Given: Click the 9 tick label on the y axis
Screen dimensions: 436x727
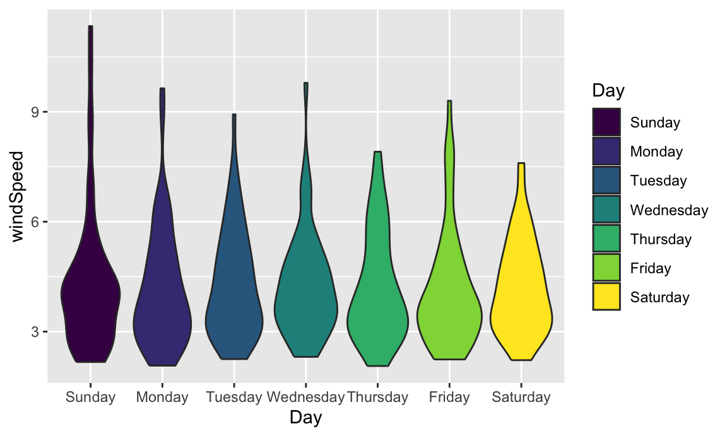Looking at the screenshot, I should tap(35, 112).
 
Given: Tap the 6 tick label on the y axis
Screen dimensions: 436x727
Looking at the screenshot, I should tap(35, 222).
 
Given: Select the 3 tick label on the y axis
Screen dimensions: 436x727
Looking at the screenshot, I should tap(35, 332).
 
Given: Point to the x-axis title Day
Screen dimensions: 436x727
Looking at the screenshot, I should tap(305, 418).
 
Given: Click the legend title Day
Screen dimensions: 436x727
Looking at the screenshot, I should tap(608, 91).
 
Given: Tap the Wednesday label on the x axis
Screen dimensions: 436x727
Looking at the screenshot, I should tap(305, 398).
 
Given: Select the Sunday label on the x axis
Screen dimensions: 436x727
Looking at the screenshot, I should tap(90, 398).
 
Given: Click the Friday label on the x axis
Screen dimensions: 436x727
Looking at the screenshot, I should tap(449, 398).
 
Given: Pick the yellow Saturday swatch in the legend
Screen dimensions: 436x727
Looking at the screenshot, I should tap(606, 297).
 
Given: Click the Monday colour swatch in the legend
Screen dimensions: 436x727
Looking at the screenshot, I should tap(606, 151).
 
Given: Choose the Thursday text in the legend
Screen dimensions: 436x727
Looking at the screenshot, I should tap(661, 239).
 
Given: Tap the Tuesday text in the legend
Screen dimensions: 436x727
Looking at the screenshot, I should tap(658, 181).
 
